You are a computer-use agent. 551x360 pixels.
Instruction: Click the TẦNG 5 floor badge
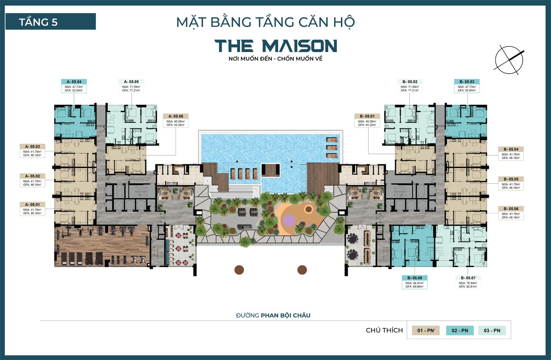pyautogui.click(x=50, y=22)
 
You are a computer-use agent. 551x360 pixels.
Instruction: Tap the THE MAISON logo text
pyautogui.click(x=275, y=46)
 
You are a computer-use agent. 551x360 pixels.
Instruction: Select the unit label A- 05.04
pyautogui.click(x=74, y=82)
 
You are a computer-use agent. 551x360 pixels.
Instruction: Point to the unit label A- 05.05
pyautogui.click(x=131, y=82)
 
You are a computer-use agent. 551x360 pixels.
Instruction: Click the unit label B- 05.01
pyautogui.click(x=367, y=116)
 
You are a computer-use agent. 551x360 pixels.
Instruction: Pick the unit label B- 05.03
pyautogui.click(x=467, y=82)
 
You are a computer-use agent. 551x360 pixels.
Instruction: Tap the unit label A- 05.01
pyautogui.click(x=32, y=205)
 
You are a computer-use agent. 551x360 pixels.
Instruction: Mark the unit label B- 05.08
pyautogui.click(x=415, y=278)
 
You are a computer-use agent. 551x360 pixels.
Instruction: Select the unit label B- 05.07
pyautogui.click(x=468, y=278)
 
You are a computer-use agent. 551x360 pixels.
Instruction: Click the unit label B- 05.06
pyautogui.click(x=511, y=209)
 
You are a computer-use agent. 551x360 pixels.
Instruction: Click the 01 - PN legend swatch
pyautogui.click(x=426, y=330)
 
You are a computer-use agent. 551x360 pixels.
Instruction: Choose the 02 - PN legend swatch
pyautogui.click(x=460, y=330)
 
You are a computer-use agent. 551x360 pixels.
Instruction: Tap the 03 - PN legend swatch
pyautogui.click(x=492, y=330)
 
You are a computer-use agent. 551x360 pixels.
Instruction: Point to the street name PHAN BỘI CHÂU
pyautogui.click(x=285, y=315)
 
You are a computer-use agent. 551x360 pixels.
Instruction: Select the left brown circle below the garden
pyautogui.click(x=239, y=270)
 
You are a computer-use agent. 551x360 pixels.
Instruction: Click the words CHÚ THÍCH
pyautogui.click(x=384, y=330)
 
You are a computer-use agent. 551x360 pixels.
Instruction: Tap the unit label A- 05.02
pyautogui.click(x=32, y=176)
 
